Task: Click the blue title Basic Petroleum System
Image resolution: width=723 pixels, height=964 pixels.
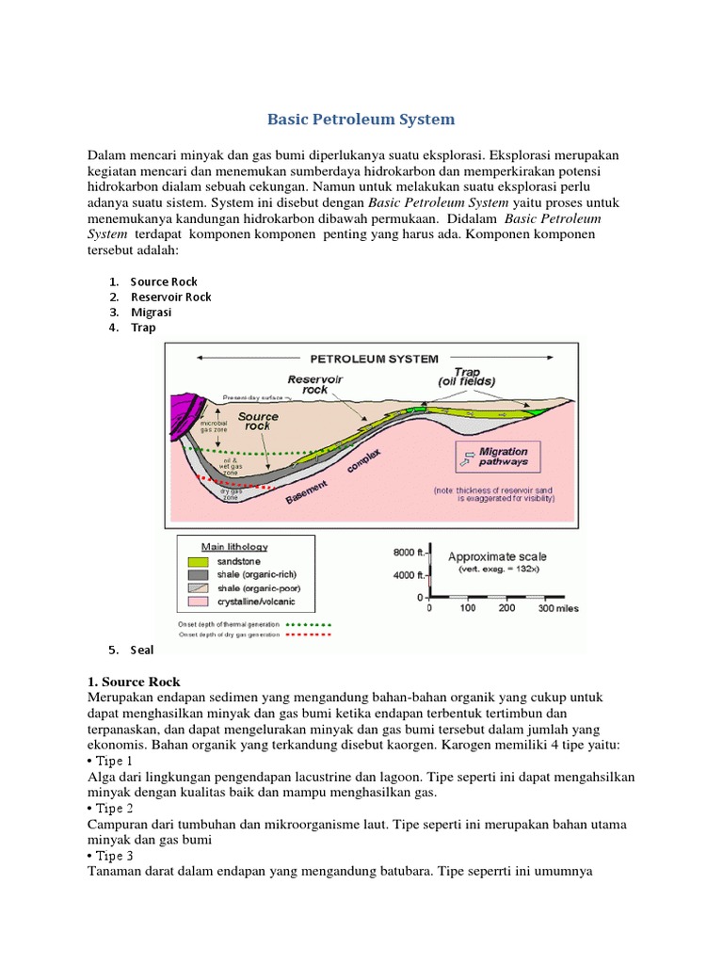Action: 361,120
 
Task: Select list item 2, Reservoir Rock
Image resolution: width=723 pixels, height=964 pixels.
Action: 170,297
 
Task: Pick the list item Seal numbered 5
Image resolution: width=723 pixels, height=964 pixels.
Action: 142,650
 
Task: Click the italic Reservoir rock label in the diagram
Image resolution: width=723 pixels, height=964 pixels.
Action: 310,384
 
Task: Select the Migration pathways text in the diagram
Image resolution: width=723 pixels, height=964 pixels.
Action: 504,457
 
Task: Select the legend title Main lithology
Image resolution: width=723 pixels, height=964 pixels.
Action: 234,546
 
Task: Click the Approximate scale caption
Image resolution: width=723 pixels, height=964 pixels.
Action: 496,556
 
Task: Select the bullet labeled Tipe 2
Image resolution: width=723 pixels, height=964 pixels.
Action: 110,808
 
